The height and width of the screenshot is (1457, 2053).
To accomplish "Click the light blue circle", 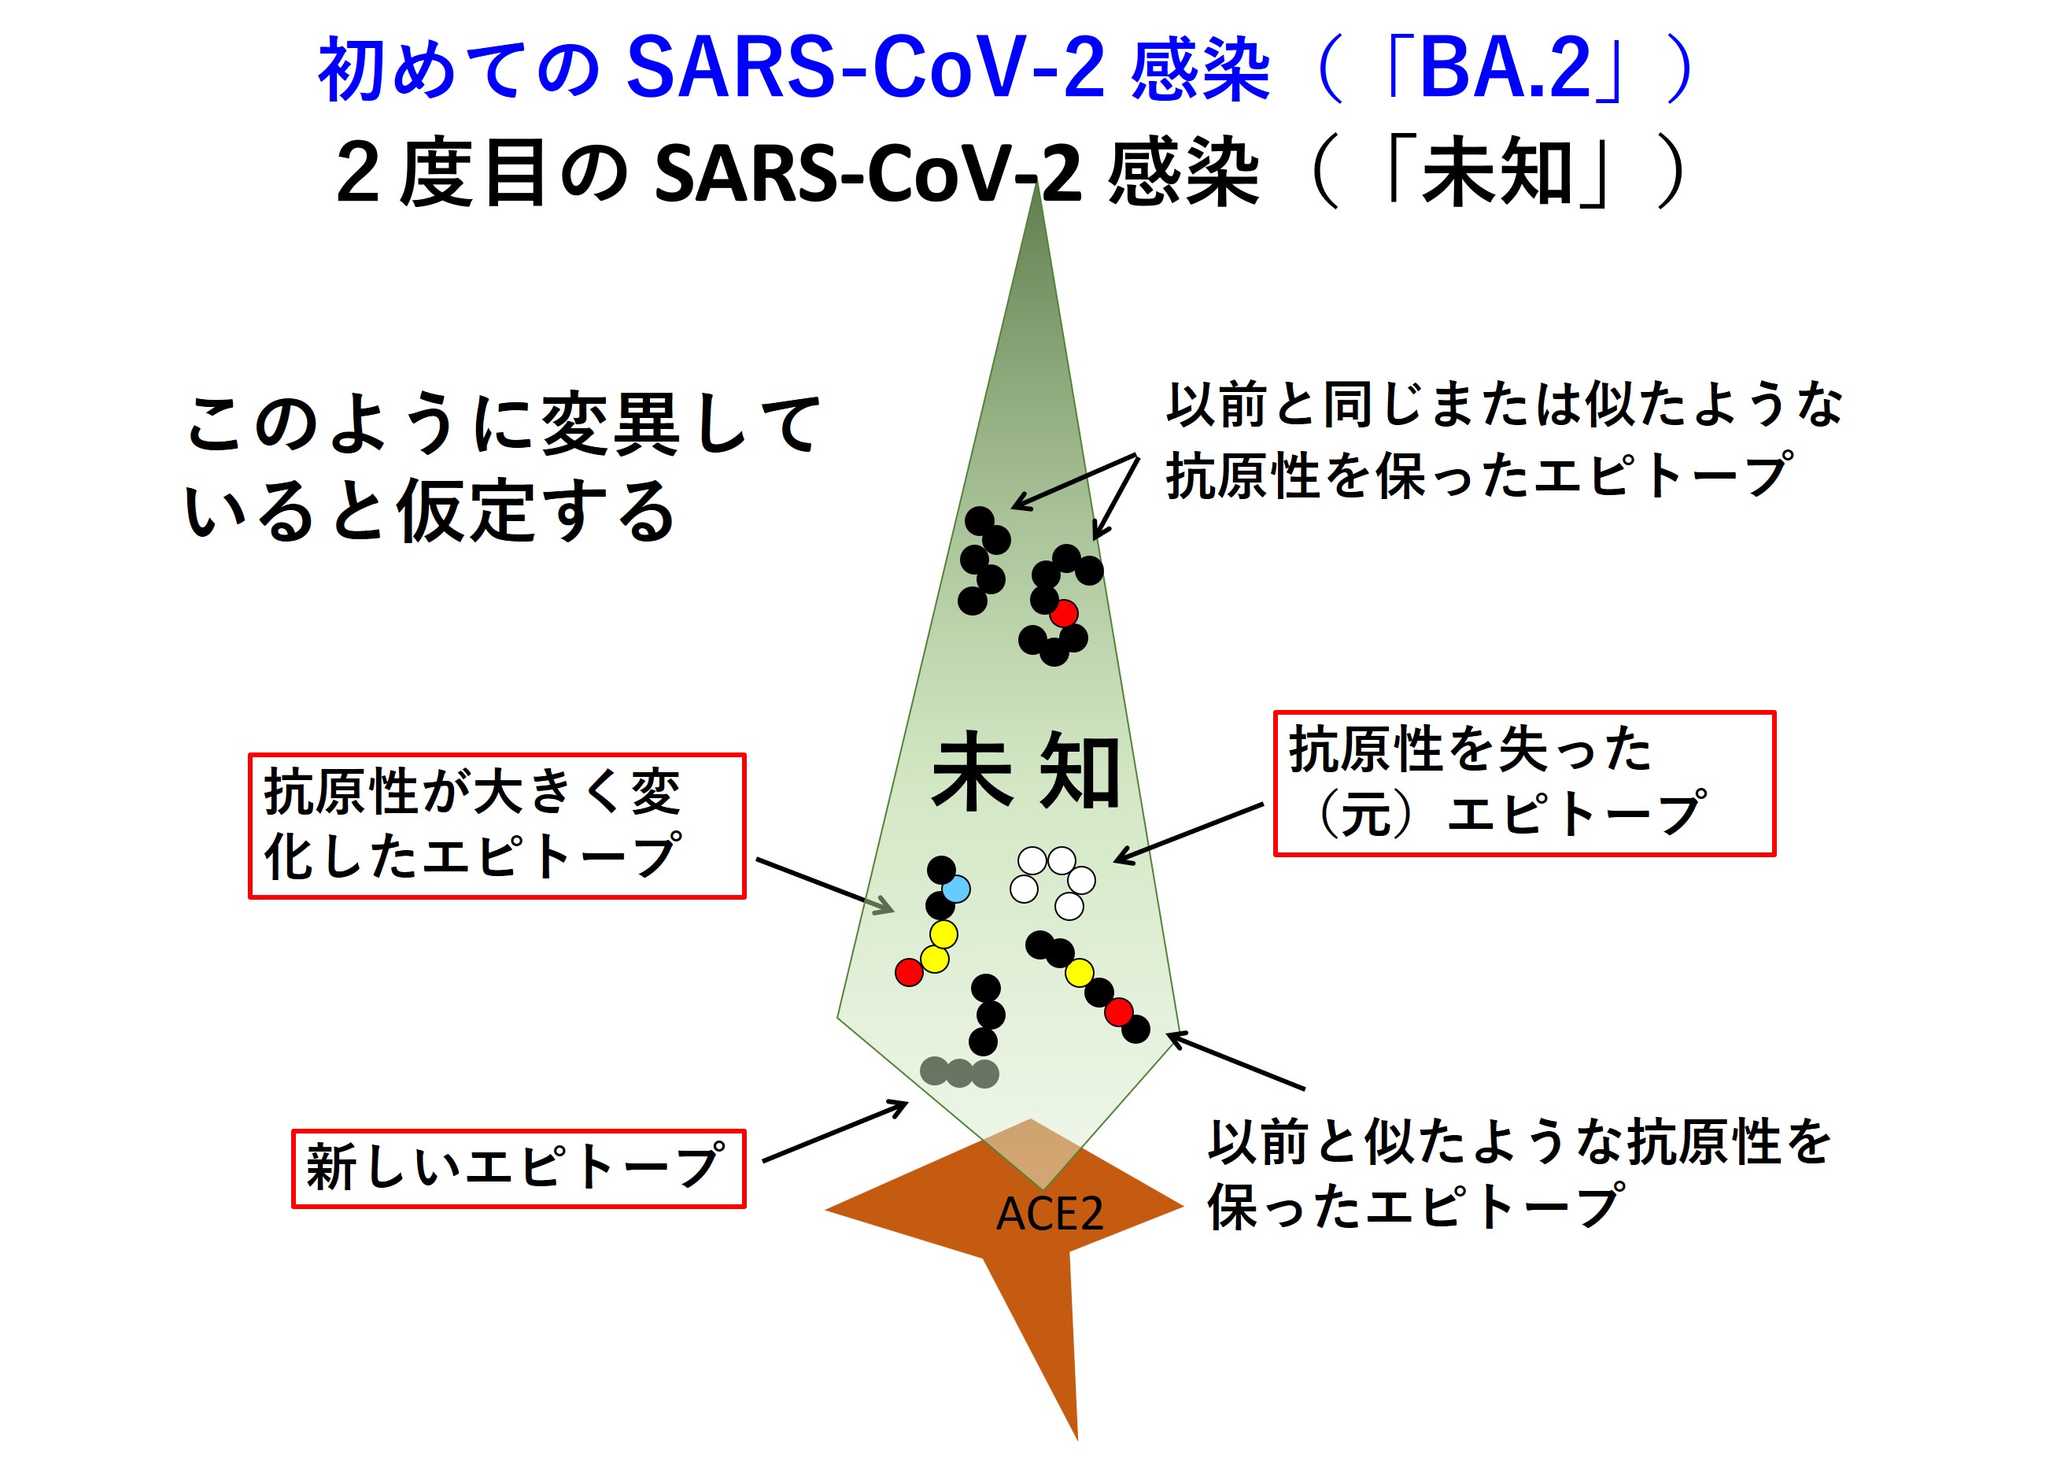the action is [x=956, y=889].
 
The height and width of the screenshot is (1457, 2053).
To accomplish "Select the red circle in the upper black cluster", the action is [x=1064, y=614].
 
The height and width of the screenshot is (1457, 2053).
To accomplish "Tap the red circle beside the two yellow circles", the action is [x=909, y=971].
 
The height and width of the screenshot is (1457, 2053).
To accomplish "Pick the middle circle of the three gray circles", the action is [x=960, y=1073].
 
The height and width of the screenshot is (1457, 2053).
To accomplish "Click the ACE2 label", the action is [x=1050, y=1215].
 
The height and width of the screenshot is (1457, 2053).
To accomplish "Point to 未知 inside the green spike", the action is [x=1026, y=771].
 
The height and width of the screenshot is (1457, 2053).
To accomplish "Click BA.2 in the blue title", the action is [x=1505, y=70].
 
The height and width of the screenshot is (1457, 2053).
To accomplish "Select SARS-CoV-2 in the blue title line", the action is [x=866, y=69].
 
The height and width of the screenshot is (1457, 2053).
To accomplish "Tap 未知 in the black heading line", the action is [x=1495, y=173].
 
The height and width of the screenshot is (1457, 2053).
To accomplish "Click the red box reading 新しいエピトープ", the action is [x=519, y=1168].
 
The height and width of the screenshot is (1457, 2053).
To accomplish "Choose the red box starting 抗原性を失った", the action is [x=1524, y=783].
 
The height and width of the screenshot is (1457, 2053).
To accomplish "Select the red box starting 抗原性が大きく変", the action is [x=497, y=826].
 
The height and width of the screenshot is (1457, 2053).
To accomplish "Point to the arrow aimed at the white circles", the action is [x=1188, y=834].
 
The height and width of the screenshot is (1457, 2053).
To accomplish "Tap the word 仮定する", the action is [x=535, y=511].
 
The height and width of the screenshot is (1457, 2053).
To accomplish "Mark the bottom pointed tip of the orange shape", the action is [x=1077, y=1440].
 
